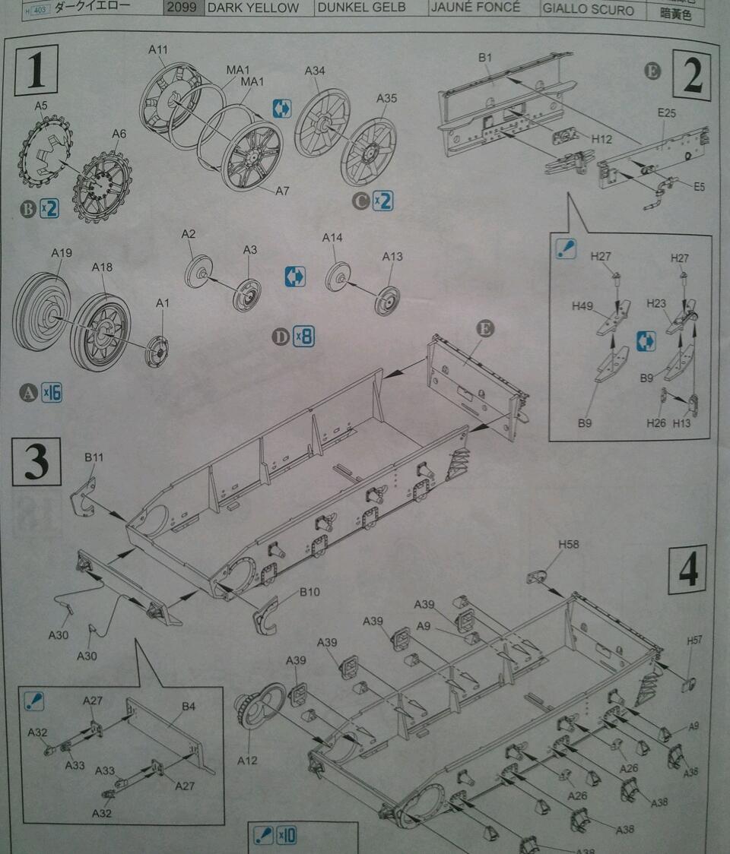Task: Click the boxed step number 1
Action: click(36, 70)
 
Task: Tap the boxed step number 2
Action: click(691, 76)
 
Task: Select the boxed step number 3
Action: click(36, 461)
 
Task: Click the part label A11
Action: click(157, 49)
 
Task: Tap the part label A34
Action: click(315, 71)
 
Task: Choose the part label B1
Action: click(486, 57)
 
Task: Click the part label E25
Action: click(667, 113)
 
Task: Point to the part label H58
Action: click(568, 544)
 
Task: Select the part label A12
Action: click(248, 760)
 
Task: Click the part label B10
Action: click(309, 592)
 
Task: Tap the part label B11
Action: click(94, 457)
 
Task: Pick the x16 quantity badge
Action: click(52, 393)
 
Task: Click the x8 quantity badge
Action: click(303, 337)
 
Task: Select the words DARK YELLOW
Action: click(252, 8)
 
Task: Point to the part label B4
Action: click(189, 707)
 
